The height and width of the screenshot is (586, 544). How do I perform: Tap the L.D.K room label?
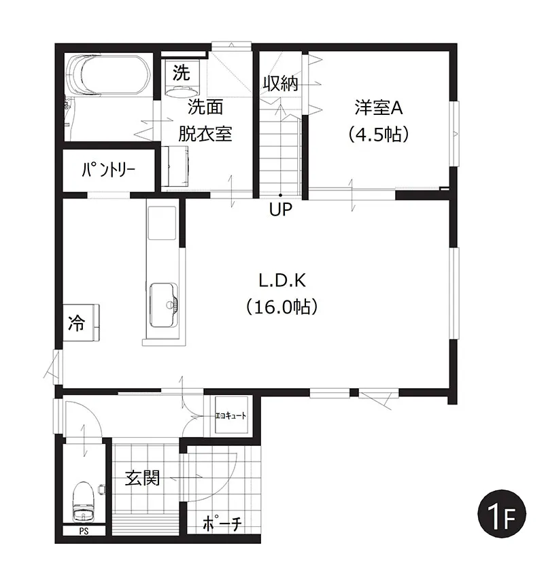(x=280, y=279)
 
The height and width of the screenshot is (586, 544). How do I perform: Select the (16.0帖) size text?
(x=280, y=307)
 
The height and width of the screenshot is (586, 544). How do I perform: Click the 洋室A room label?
(x=379, y=107)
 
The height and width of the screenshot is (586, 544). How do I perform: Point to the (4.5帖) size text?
(x=379, y=135)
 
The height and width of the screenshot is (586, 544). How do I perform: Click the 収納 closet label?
(x=281, y=84)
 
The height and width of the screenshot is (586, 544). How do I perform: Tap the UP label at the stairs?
(x=279, y=209)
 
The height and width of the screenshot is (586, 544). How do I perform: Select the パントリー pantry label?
(x=108, y=170)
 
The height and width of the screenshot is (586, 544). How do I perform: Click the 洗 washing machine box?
(x=181, y=71)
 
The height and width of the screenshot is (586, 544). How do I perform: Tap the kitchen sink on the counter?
(x=163, y=298)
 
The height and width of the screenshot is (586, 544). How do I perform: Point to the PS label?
(x=84, y=532)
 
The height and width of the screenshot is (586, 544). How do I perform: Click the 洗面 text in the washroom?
(x=205, y=107)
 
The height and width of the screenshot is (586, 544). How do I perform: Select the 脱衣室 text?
(x=205, y=134)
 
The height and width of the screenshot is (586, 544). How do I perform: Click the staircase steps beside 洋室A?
(x=279, y=153)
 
